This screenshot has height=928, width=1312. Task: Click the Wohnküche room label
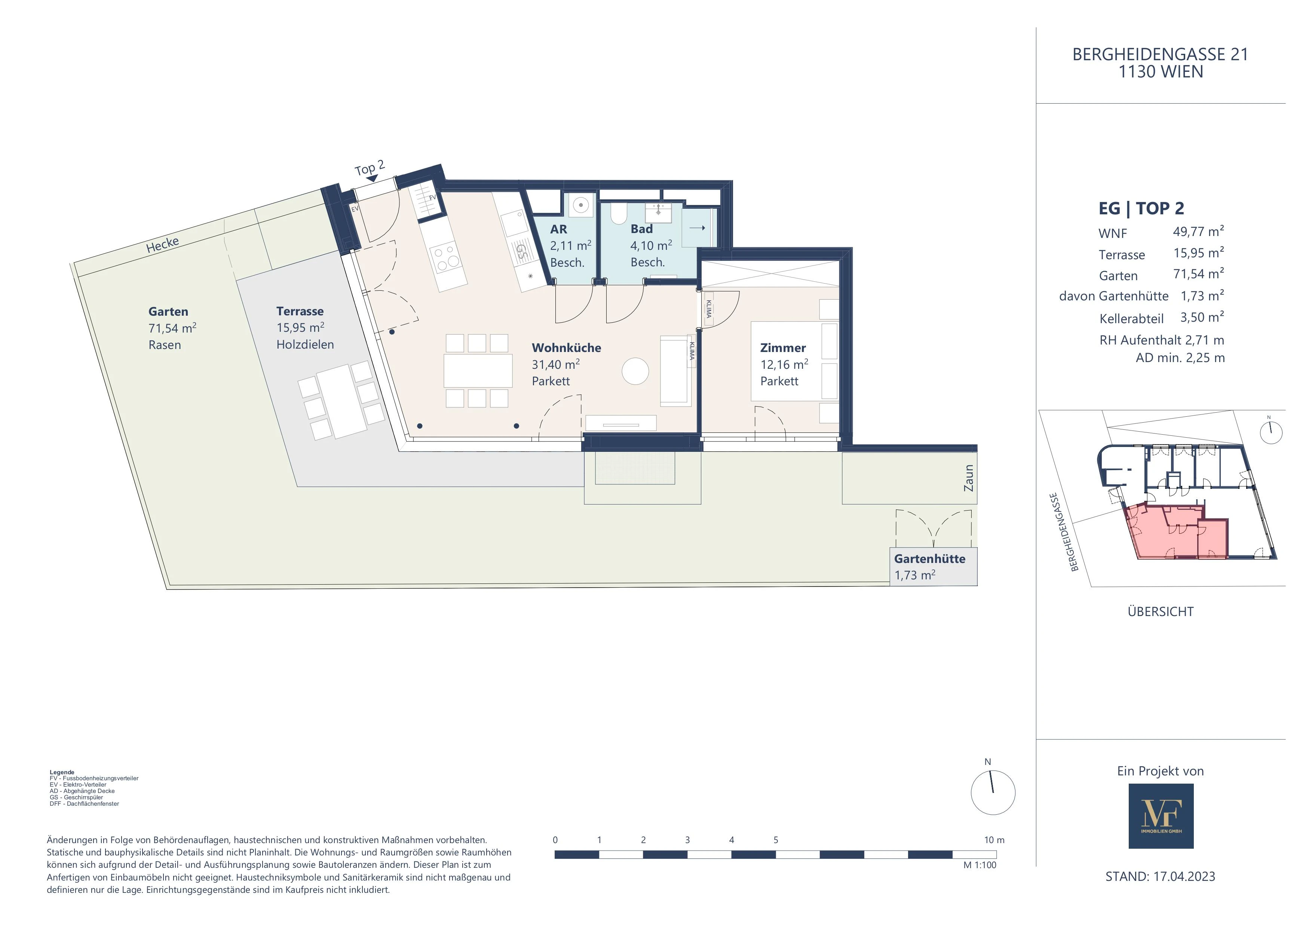[566, 348]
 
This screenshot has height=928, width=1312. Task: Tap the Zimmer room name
[783, 348]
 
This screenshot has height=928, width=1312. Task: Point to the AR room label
[559, 230]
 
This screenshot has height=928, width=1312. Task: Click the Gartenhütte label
[930, 559]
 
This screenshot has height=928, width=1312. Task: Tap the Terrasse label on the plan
[300, 312]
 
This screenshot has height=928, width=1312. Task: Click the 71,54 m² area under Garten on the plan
[172, 328]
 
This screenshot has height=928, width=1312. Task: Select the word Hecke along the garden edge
[163, 245]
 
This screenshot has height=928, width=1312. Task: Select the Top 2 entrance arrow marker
[372, 179]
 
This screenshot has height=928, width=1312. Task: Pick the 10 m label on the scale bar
[994, 840]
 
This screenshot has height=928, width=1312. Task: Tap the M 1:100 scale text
[980, 865]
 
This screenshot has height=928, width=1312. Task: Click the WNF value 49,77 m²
[1198, 232]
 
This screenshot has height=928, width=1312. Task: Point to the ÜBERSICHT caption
[1161, 612]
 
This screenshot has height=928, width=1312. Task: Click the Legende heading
[62, 772]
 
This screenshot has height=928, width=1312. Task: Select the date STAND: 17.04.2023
[1161, 877]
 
